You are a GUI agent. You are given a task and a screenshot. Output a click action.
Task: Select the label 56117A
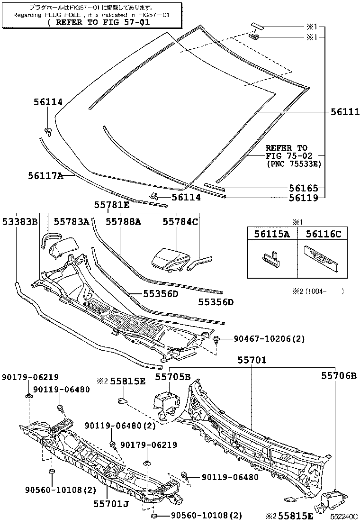45,175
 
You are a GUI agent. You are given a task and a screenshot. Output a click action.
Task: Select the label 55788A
123,221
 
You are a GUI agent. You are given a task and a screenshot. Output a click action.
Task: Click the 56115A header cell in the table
272,234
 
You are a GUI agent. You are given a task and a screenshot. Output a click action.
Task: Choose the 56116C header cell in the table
323,234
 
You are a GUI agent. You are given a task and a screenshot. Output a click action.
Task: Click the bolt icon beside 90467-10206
217,339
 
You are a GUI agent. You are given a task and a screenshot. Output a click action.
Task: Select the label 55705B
173,377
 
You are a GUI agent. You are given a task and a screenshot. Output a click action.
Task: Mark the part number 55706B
339,376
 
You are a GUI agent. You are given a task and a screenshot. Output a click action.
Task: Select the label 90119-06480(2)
120,426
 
